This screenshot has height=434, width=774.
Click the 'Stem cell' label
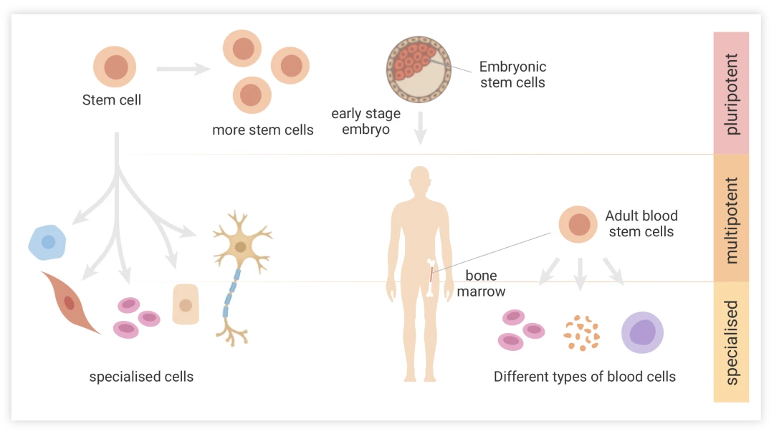[x=111, y=100]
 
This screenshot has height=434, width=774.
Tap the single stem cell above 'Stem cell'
[x=115, y=67]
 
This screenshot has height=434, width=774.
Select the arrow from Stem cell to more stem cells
[x=182, y=69]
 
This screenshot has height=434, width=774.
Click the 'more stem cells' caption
[x=262, y=130]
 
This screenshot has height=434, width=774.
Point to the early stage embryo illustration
[x=419, y=68]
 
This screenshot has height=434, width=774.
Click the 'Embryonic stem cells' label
[x=512, y=74]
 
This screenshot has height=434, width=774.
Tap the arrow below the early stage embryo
[x=420, y=127]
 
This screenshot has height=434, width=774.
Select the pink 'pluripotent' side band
[x=731, y=93]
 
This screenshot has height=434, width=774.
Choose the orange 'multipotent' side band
[x=731, y=218]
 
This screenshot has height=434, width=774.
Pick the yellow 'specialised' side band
[x=731, y=342]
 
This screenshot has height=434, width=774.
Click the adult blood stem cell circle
[x=578, y=224]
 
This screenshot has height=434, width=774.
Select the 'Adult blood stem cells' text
[x=641, y=223]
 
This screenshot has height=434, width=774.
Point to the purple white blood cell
[x=642, y=332]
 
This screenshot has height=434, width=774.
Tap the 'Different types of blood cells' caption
[x=584, y=376]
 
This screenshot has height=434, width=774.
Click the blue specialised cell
[x=47, y=242]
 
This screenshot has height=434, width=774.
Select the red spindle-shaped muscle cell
[x=70, y=302]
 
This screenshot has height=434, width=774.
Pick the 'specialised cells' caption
[x=141, y=376]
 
